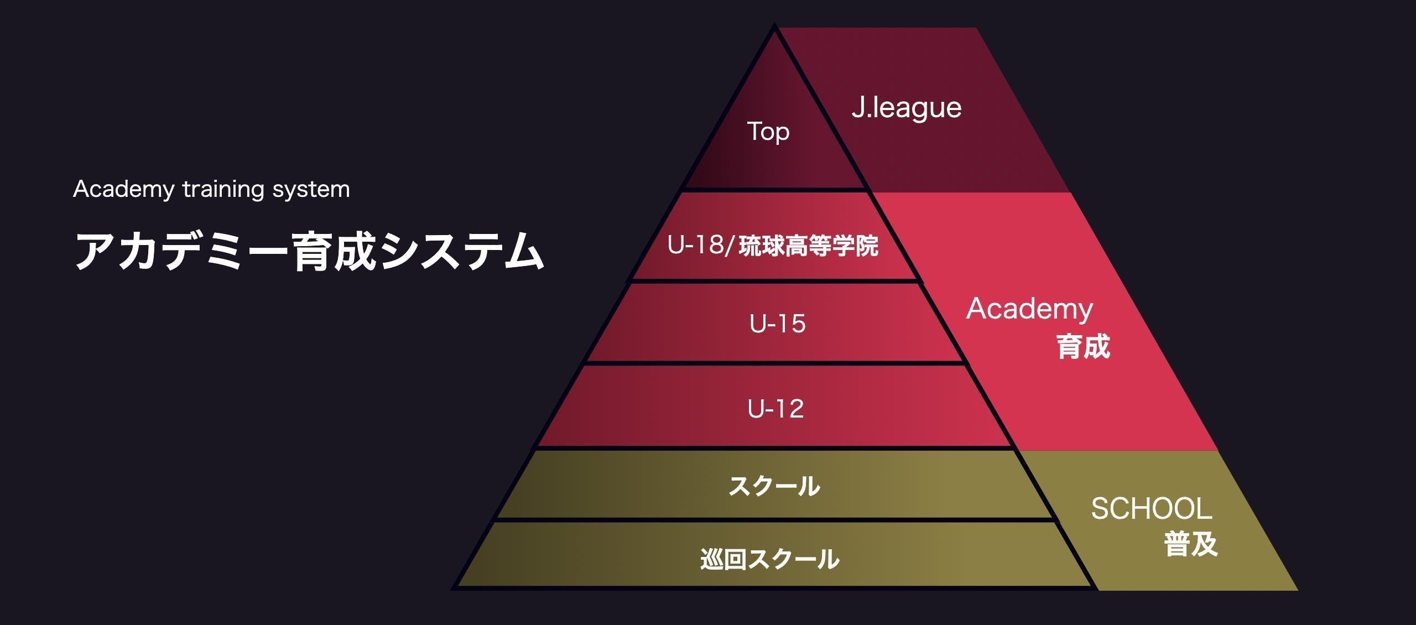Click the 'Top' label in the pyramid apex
768,132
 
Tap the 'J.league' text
907,107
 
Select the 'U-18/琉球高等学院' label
773,246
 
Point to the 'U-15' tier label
778,324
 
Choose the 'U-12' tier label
775,409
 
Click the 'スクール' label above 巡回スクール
774,486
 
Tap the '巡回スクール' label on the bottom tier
770,559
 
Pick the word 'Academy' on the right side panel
1029,309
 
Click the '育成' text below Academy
1083,347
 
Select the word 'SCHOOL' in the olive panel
1152,509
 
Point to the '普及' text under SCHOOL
1190,544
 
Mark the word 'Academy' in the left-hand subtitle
124,190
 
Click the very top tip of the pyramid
774,28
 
